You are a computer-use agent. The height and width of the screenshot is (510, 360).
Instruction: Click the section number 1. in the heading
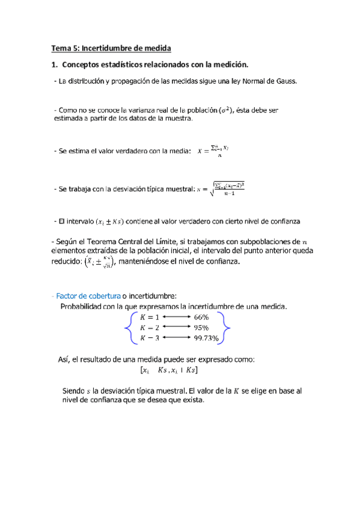click(x=54, y=64)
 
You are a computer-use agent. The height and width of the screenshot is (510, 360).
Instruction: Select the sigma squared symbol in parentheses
click(x=225, y=111)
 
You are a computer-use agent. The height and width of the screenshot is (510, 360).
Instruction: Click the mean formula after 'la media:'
click(x=213, y=150)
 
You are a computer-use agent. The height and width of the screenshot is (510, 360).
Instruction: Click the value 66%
click(x=201, y=317)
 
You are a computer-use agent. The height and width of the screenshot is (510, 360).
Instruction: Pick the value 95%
click(x=201, y=328)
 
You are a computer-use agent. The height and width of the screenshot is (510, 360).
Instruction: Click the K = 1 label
click(x=149, y=317)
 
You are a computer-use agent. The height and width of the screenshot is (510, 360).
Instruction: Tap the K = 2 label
click(x=149, y=328)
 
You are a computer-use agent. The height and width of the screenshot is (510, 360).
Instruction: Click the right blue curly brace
click(x=225, y=328)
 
